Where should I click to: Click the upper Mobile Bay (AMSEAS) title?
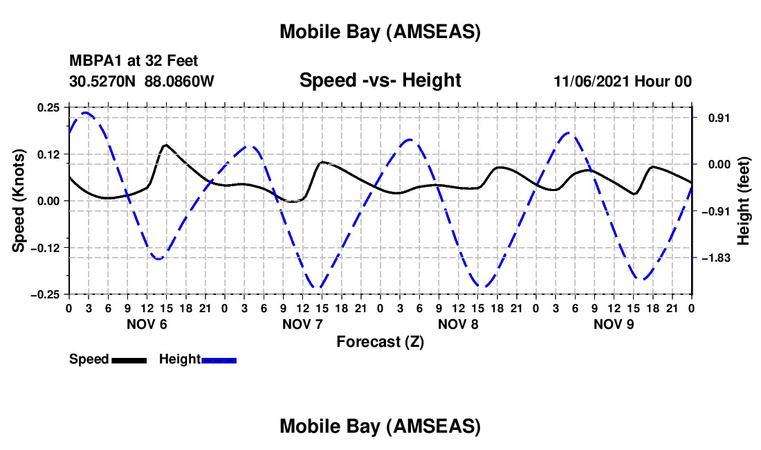pos(380,31)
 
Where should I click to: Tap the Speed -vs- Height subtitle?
pos(380,80)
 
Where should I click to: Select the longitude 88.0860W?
pos(179,81)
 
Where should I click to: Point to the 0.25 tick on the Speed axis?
pos(50,107)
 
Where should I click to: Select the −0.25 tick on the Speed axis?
pos(47,294)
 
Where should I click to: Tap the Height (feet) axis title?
pos(743,200)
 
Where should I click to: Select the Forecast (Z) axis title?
pos(380,341)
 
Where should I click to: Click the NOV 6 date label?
pos(146,324)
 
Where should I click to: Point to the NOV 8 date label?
pos(458,324)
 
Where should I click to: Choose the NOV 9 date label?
pos(614,324)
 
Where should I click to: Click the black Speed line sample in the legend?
pos(129,360)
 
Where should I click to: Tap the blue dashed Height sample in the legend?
pos(219,360)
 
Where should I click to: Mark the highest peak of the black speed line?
pos(165,145)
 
